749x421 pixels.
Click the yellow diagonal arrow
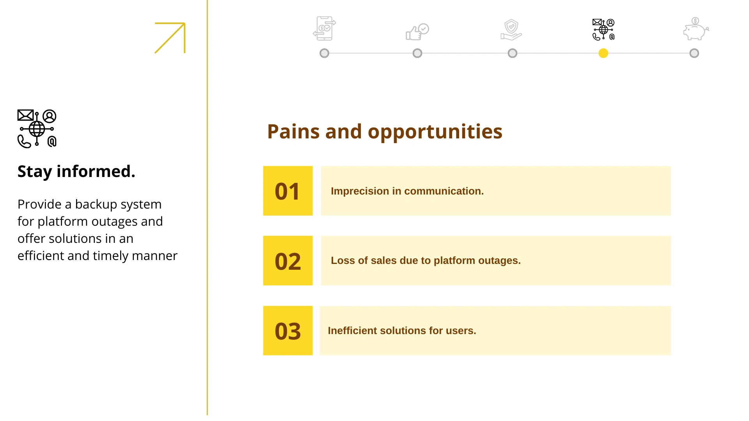click(170, 38)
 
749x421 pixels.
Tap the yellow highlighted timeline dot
click(603, 53)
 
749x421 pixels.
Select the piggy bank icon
click(696, 29)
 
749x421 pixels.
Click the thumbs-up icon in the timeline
click(417, 32)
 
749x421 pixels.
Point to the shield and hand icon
click(511, 30)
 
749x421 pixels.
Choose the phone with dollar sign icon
click(324, 28)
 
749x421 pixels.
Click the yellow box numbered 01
click(288, 191)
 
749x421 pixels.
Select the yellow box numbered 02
click(288, 260)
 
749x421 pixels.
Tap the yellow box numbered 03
click(288, 331)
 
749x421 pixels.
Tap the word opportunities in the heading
click(435, 132)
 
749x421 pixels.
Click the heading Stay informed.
click(76, 172)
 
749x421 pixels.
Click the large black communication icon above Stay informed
click(37, 128)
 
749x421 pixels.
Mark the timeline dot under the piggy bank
click(694, 53)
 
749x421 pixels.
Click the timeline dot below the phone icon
click(324, 53)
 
